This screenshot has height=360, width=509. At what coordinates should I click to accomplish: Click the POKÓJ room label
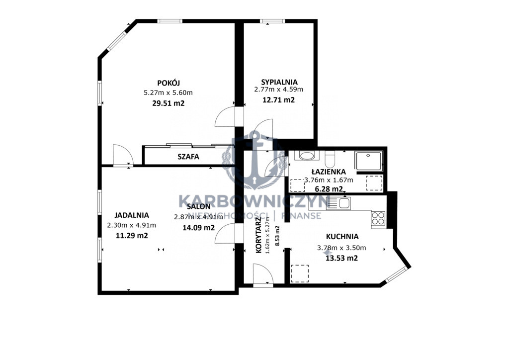[169, 83]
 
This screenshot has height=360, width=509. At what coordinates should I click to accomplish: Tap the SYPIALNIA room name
[279, 82]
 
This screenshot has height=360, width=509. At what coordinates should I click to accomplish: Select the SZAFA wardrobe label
[188, 157]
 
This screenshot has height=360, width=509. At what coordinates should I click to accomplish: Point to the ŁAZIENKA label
[329, 172]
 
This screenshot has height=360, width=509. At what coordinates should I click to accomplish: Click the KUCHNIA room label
[342, 237]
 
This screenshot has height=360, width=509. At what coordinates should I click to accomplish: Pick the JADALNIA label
[132, 215]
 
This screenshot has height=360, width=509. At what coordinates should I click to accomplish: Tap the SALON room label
[199, 206]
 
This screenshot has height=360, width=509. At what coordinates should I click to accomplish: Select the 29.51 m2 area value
[169, 103]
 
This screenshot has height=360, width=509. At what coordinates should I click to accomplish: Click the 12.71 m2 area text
[278, 99]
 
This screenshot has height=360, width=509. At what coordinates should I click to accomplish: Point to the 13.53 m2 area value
[341, 258]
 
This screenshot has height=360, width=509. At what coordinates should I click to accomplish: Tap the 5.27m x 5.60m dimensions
[168, 93]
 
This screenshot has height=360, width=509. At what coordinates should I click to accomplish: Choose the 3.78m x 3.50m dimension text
[341, 248]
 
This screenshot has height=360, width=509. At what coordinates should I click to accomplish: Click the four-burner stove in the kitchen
[378, 218]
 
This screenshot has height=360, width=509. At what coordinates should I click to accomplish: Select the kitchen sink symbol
[338, 203]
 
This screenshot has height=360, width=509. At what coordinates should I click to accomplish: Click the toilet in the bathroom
[330, 159]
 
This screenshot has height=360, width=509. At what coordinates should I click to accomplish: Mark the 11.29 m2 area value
[132, 236]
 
